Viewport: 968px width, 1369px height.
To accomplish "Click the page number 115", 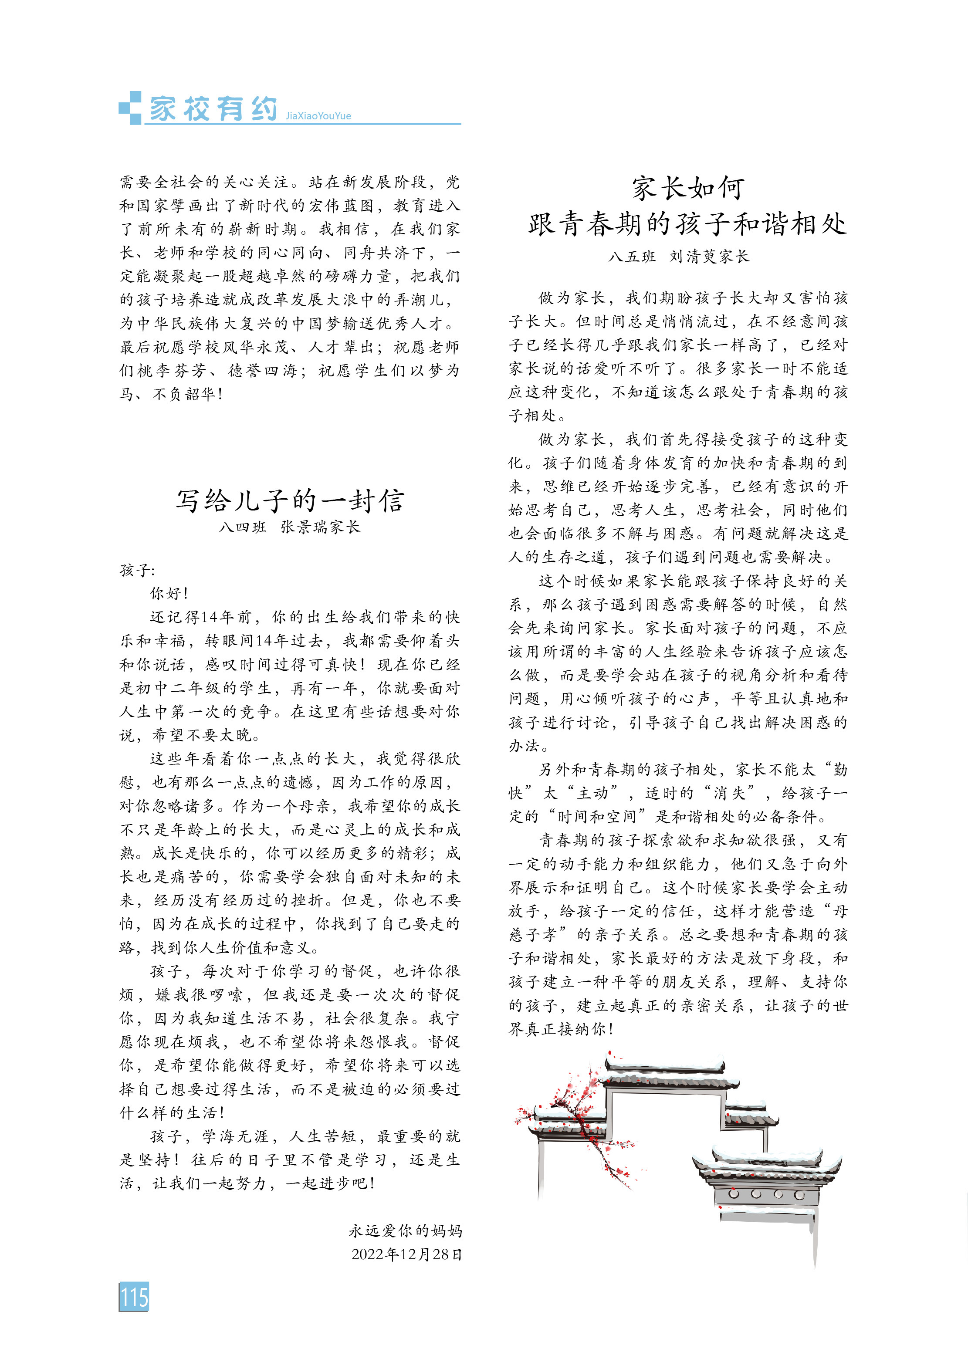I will pos(134,1296).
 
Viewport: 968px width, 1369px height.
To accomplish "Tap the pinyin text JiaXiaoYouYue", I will pos(318,116).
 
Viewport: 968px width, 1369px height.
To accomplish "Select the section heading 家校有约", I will pos(213,108).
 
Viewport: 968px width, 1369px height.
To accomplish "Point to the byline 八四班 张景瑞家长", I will pos(290,527).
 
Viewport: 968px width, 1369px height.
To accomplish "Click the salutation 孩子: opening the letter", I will pos(137,570).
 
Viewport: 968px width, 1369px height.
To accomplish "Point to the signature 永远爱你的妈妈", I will pos(406,1230).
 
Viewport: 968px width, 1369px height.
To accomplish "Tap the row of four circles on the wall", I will pos(766,1194).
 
